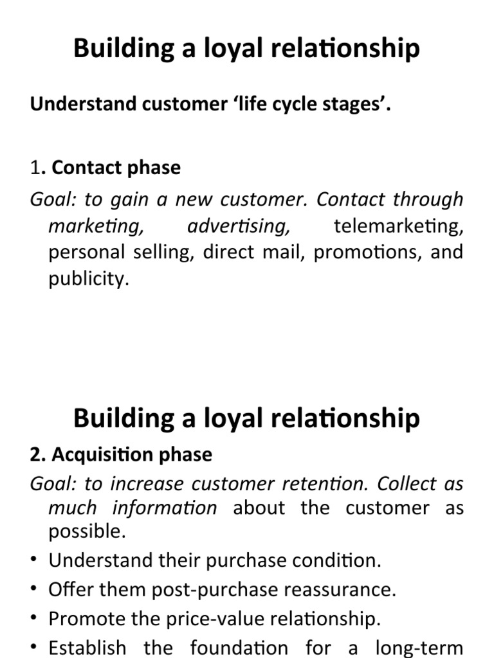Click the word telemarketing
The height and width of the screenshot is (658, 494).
pos(398,226)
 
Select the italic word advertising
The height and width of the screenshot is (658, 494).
pos(239,226)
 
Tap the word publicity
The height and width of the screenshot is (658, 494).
pos(89,278)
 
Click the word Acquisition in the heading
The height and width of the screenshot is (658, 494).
pos(102,454)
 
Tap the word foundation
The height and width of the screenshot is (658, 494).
pos(239,647)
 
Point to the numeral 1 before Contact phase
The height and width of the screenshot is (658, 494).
pos(35,168)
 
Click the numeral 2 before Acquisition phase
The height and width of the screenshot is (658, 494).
pos(35,454)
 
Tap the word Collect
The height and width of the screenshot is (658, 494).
pos(407,483)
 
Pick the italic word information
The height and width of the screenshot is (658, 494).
pos(164,508)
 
